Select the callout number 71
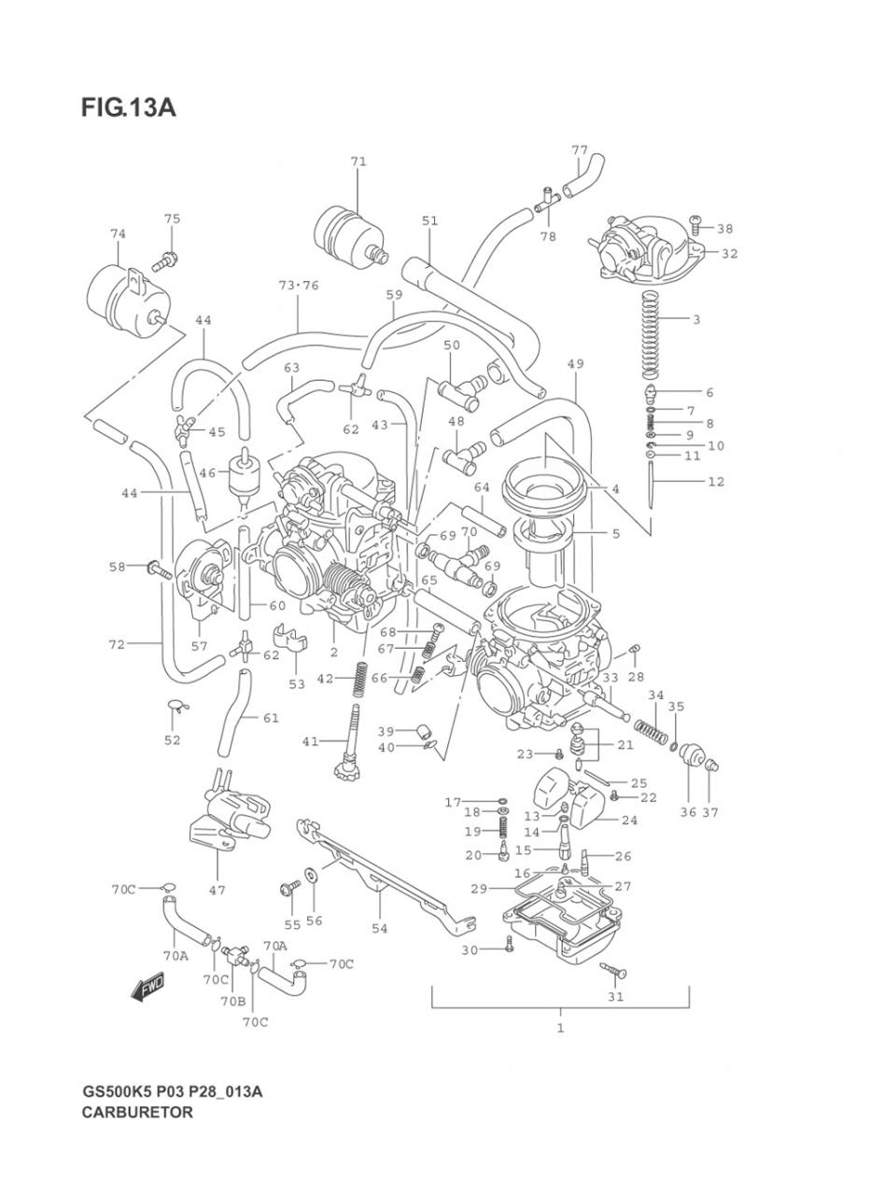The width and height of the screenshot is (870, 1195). click(x=358, y=162)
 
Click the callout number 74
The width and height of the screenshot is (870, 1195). click(x=118, y=233)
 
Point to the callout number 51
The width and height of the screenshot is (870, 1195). click(x=429, y=221)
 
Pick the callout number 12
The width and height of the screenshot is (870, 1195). click(x=716, y=482)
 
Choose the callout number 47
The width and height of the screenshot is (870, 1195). click(x=217, y=890)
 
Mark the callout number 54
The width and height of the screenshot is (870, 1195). click(x=380, y=928)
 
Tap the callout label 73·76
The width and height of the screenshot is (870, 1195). click(x=299, y=285)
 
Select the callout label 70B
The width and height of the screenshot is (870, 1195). click(x=232, y=1002)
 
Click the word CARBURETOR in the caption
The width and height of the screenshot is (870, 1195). click(x=137, y=1112)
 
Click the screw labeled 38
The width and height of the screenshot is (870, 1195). click(x=696, y=224)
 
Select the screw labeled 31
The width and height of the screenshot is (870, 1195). click(x=616, y=972)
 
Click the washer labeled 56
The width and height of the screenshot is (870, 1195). click(x=309, y=879)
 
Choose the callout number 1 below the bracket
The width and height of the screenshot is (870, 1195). click(x=560, y=1028)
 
